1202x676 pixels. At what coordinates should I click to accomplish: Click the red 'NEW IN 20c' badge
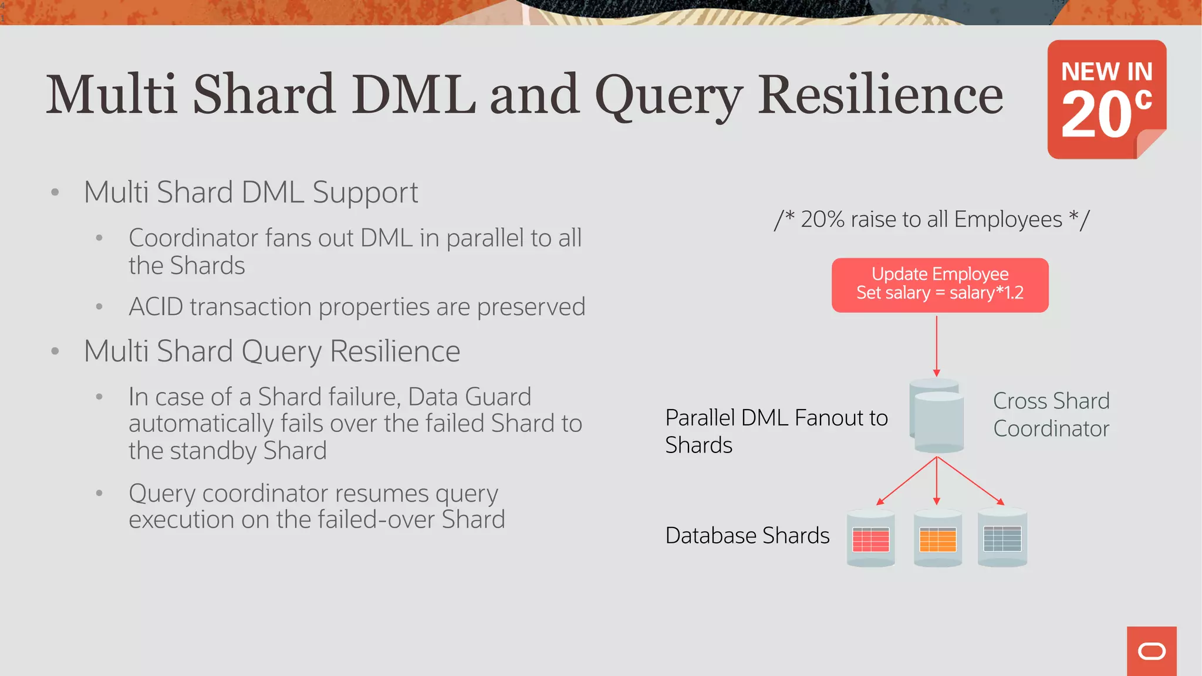coord(1106,99)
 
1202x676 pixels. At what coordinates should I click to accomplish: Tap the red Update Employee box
coord(940,285)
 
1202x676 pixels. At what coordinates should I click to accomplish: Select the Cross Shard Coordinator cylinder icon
coord(937,416)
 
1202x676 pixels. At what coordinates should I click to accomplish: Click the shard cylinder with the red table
coord(870,538)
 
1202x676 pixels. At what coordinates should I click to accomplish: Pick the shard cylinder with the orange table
coord(937,538)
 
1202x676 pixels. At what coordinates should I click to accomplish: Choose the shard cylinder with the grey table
coord(1002,538)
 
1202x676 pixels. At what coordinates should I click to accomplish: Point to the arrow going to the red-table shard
coord(906,481)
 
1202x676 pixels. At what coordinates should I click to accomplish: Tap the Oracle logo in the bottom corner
coord(1152,651)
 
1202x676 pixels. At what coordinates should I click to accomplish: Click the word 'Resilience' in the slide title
coord(880,95)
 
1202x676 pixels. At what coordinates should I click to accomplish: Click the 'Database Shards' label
coord(747,536)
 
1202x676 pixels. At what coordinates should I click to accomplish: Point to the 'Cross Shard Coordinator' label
coord(1051,415)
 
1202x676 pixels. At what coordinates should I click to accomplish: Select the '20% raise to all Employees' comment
coord(931,219)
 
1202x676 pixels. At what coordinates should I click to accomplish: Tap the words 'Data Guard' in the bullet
coord(469,397)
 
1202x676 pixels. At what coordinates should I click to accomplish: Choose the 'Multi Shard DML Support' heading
coord(251,192)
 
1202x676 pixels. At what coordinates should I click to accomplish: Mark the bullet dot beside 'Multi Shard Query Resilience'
coord(55,351)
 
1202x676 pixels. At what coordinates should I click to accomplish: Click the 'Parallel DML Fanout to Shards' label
coord(776,431)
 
